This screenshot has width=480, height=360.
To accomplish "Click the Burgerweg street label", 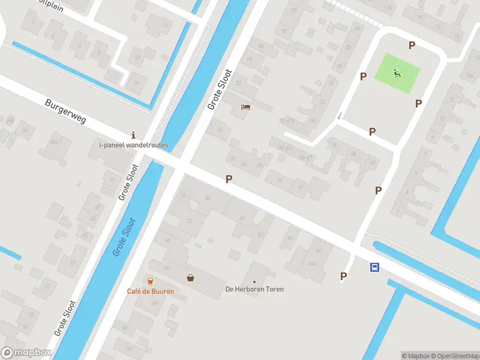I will (x=65, y=112).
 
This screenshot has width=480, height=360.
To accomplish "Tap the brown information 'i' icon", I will (x=133, y=134).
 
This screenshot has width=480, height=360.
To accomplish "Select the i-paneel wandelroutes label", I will (x=134, y=145).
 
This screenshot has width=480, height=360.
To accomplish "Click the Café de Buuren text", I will (x=150, y=292).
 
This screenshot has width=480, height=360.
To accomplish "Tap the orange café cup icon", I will (x=150, y=281).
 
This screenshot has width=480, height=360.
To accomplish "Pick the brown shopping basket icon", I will (x=191, y=278).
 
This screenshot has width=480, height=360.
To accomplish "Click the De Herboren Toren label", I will (x=254, y=289).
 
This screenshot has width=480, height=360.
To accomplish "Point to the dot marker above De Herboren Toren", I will (x=254, y=281).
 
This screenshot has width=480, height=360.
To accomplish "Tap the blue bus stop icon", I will (x=374, y=268).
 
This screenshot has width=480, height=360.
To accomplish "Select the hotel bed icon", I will (x=245, y=107).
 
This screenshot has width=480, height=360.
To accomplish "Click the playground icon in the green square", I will (x=397, y=74).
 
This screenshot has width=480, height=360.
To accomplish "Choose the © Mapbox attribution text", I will (x=415, y=356).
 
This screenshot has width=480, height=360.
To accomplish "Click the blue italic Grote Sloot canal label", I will (x=124, y=238).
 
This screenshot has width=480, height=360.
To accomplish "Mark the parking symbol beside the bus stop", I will (x=344, y=276).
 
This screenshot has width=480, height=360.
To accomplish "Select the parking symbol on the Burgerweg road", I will (x=229, y=179).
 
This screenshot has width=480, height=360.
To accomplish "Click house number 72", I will (x=190, y=221).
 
